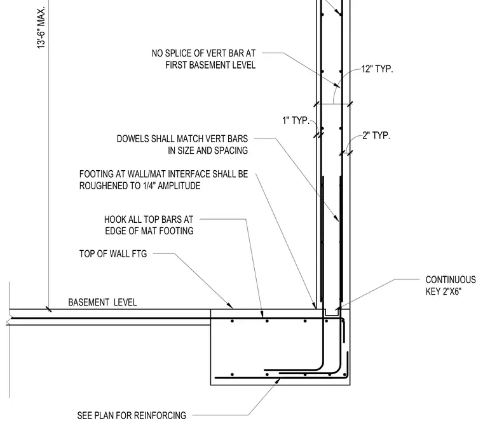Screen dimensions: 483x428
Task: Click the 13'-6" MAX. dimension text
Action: [41, 27]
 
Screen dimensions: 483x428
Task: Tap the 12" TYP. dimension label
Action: [377, 69]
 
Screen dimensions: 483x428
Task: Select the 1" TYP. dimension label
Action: [296, 120]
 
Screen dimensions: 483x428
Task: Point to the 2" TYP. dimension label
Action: [376, 135]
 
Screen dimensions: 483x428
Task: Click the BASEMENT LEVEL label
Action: [102, 302]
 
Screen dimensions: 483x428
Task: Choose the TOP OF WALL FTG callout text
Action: [113, 254]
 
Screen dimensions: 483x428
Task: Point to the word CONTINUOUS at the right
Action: [451, 279]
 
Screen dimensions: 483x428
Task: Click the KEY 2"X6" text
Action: [444, 291]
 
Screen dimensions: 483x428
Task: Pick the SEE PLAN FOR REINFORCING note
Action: [132, 416]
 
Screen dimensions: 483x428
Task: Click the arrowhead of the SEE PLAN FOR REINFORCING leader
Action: [279, 380]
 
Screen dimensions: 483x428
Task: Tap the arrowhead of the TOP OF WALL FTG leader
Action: [231, 307]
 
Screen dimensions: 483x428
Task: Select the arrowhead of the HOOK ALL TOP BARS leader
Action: [262, 315]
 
